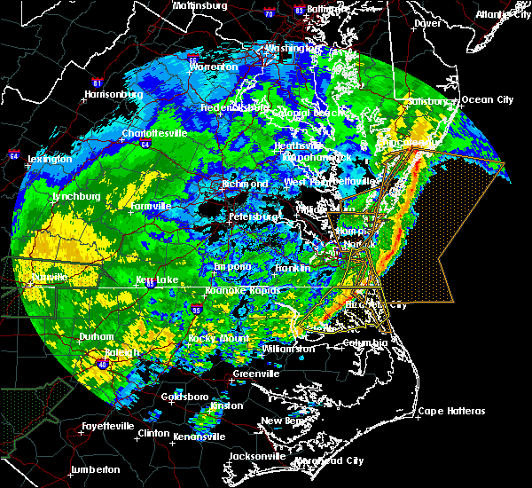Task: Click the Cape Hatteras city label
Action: (x=452, y=411)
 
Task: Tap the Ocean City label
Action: (x=488, y=98)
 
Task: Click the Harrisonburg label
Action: (x=113, y=94)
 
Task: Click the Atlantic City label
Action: (x=500, y=14)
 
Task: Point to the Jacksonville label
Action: (x=257, y=456)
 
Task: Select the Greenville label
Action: (x=255, y=374)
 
